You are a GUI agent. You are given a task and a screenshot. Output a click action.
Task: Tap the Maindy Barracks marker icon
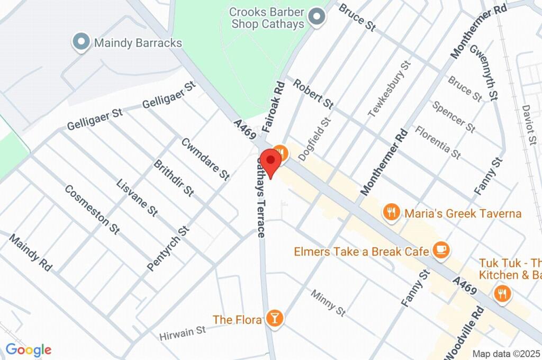[x=81, y=42]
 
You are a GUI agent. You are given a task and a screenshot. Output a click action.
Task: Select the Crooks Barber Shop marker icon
[x=317, y=17]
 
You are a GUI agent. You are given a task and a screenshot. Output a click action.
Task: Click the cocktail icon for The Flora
[x=275, y=318]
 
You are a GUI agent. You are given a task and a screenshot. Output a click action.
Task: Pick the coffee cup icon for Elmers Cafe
[x=440, y=250]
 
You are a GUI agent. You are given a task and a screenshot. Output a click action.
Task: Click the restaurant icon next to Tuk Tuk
[x=501, y=293]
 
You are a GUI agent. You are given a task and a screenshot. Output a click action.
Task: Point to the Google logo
[x=29, y=349]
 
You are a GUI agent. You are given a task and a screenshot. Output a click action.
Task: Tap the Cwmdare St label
[x=205, y=158]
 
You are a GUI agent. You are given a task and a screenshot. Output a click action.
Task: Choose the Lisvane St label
[x=137, y=197]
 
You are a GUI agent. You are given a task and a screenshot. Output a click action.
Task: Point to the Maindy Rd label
[x=31, y=253]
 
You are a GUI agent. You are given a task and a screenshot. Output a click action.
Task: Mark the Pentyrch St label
[x=168, y=248]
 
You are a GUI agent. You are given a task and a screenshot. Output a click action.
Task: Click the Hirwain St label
[x=183, y=333]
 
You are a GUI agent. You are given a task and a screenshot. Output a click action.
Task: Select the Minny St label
[x=328, y=303]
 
